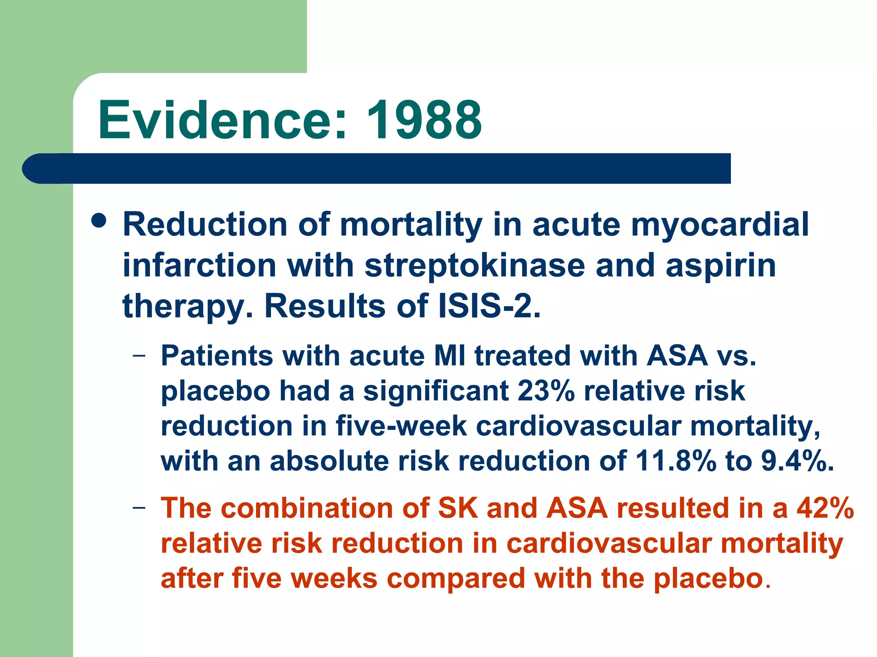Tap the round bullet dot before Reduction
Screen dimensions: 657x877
(x=99, y=221)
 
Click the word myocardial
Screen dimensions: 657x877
(x=720, y=225)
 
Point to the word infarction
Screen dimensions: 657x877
(x=199, y=265)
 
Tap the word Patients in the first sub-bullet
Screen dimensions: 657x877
(x=217, y=355)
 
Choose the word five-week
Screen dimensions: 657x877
(x=401, y=426)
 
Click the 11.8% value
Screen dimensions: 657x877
(x=675, y=461)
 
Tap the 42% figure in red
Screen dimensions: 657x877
(x=825, y=508)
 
